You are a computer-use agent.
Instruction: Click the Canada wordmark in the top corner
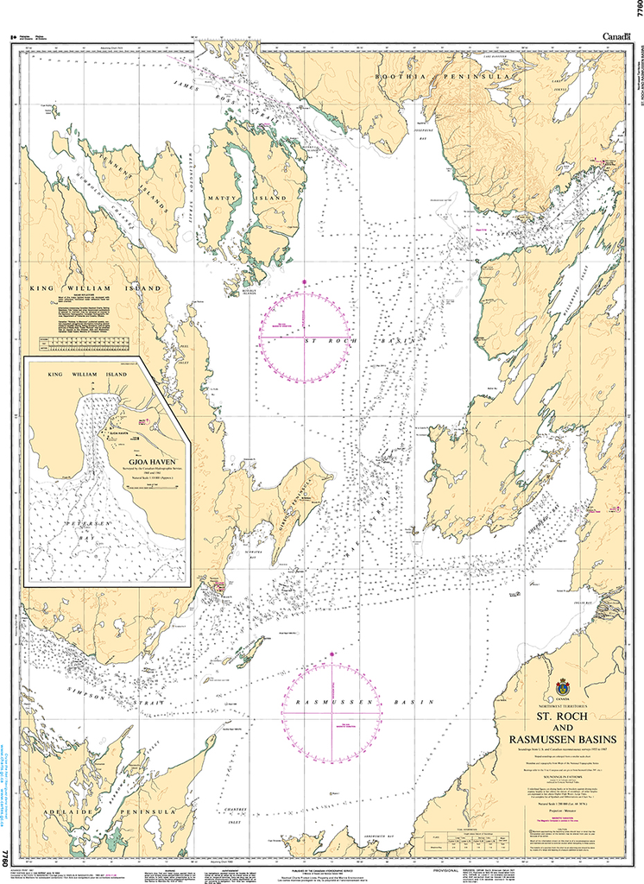pyautogui.click(x=615, y=36)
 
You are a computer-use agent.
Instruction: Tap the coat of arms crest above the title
pyautogui.click(x=563, y=689)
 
